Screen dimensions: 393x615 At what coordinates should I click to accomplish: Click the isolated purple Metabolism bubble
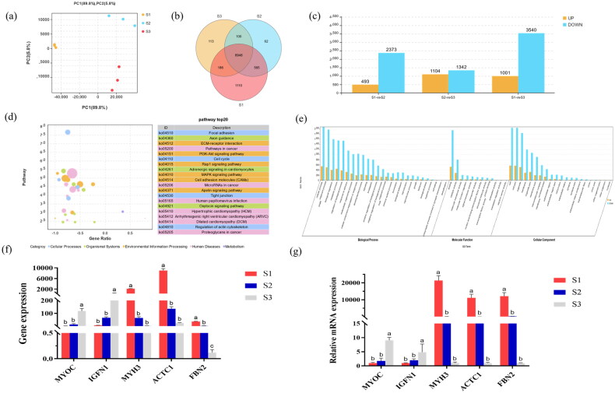coord(122,211)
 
